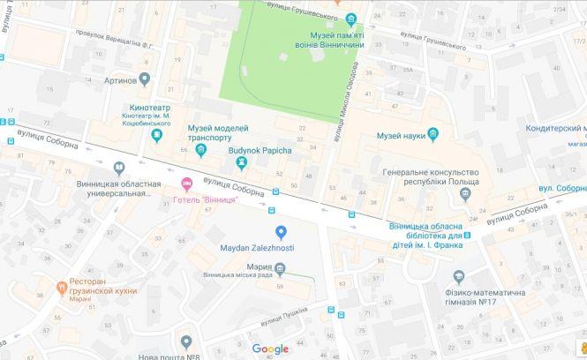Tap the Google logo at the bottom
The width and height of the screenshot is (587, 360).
click(270, 349)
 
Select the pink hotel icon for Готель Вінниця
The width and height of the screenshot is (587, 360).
click(185, 184)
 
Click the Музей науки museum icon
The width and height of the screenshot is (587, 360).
click(434, 135)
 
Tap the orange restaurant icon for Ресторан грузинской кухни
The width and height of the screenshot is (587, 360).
click(62, 286)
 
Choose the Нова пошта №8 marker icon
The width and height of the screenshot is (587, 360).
click(185, 341)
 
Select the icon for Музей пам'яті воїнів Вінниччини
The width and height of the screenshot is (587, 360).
click(351, 19)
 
